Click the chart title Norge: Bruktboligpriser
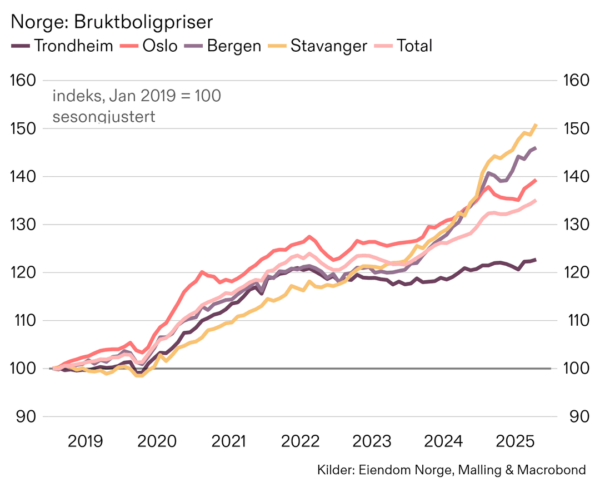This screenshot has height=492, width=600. coord(112,22)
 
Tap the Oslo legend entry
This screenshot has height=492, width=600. coord(151,46)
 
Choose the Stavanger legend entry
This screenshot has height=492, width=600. coord(319,46)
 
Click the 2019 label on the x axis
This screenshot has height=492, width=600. coord(85,442)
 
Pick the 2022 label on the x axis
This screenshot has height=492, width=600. coord(301,442)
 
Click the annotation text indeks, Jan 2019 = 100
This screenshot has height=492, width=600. coord(137,96)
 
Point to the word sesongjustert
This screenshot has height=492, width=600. coord(103,117)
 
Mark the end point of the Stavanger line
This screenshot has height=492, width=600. coord(536,125)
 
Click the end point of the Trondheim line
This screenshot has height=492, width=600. coord(535,260)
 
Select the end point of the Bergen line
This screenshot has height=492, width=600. coord(535,148)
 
